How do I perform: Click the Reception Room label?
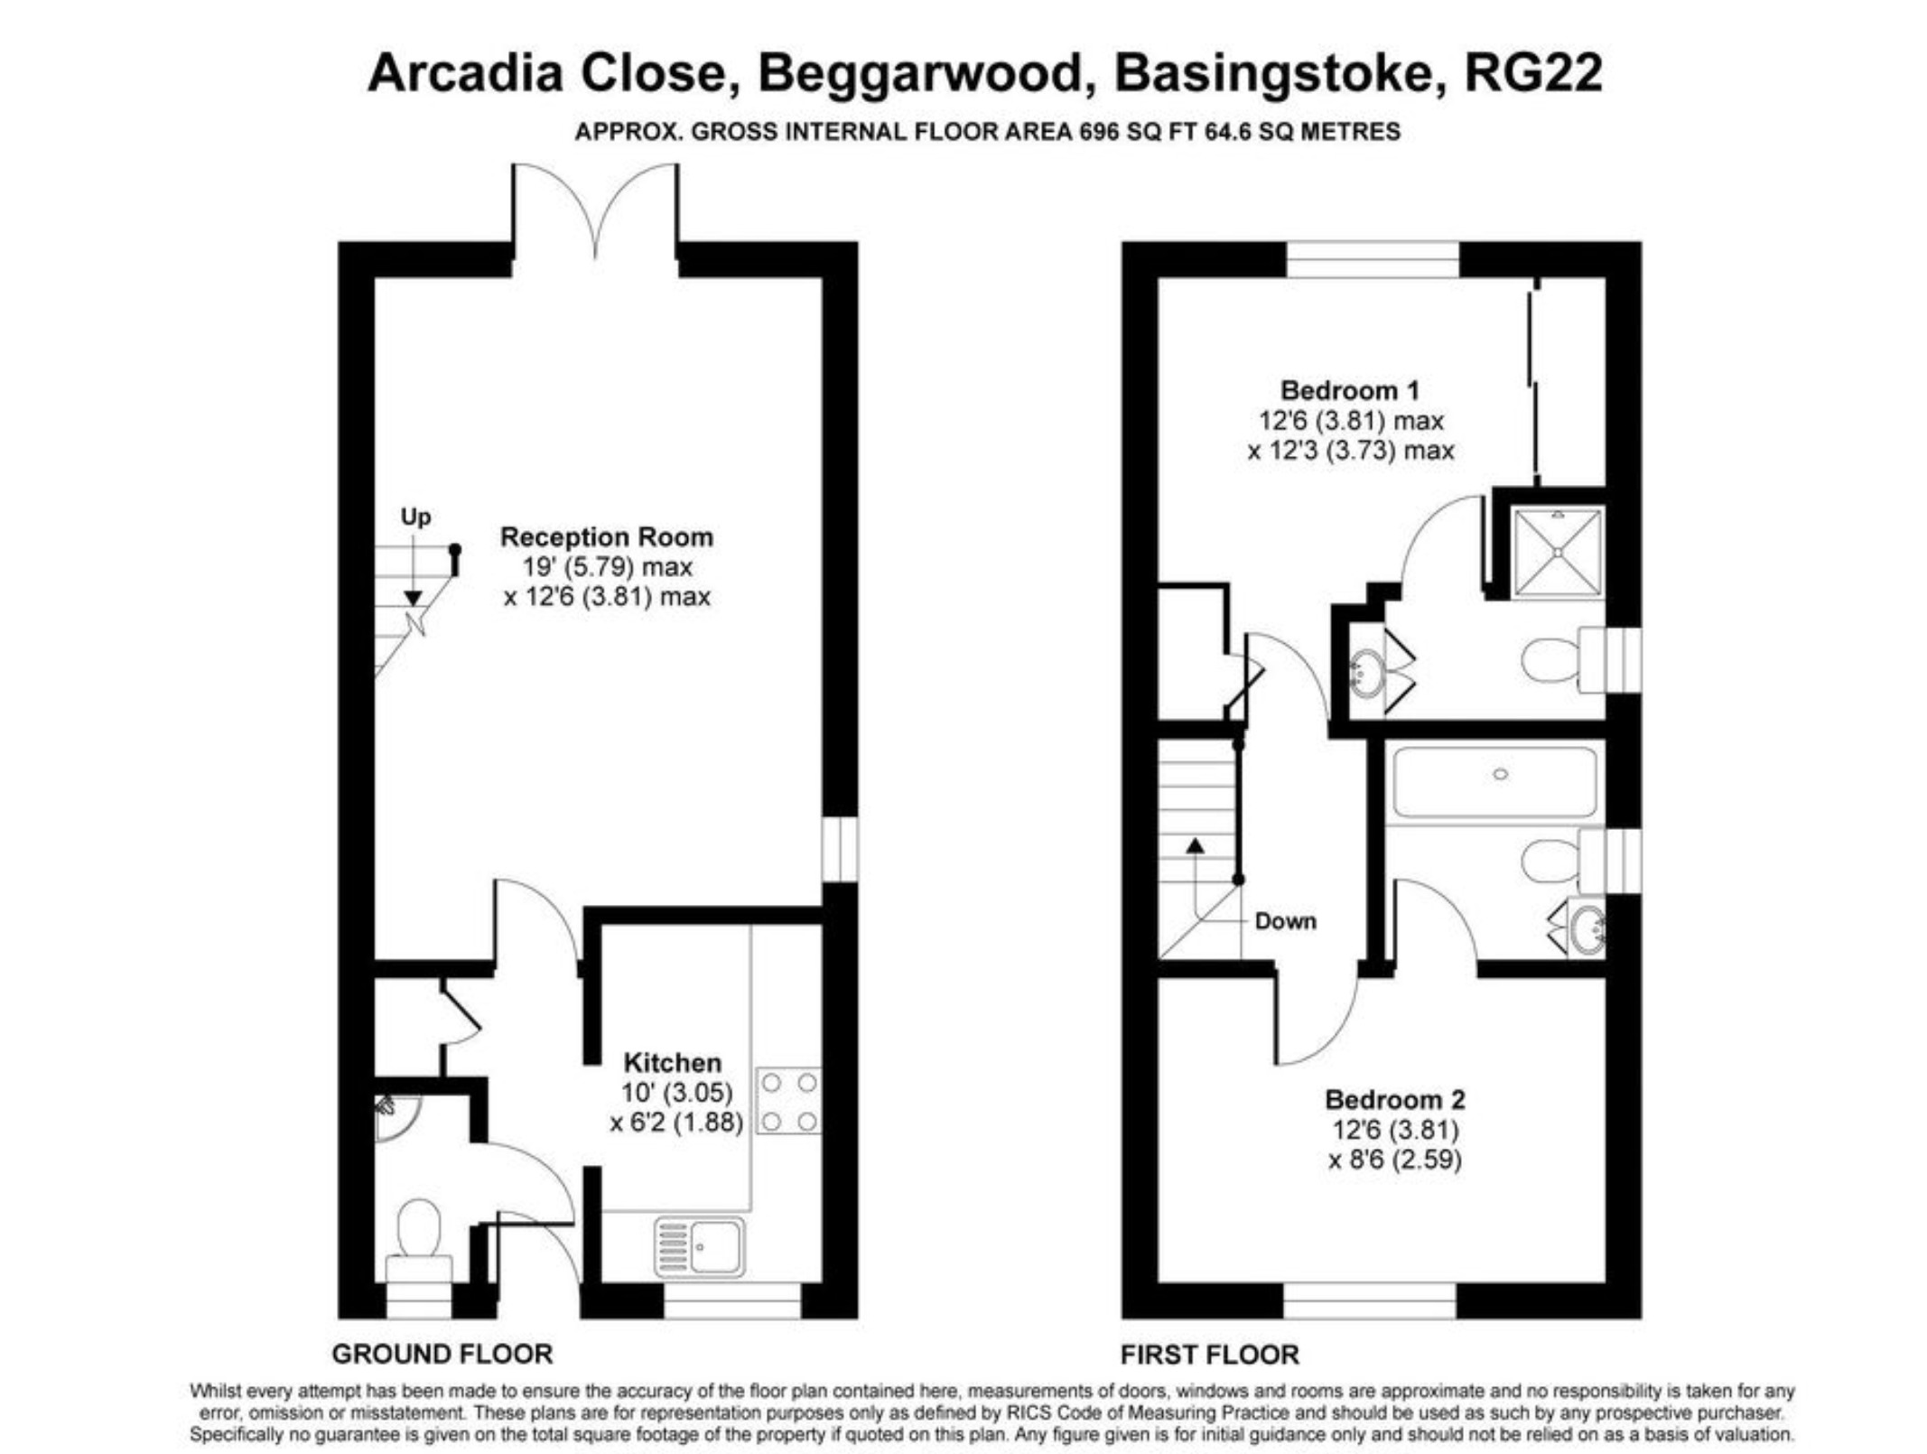point(607,537)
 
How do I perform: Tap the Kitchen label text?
point(673,1062)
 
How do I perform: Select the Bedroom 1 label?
point(1350,391)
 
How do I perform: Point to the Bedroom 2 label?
point(1395,1100)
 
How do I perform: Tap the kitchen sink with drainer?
point(700,1247)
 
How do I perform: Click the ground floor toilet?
point(419,1239)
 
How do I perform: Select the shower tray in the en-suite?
point(1559,552)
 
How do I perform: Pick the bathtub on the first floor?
point(1494,782)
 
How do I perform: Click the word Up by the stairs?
point(415,517)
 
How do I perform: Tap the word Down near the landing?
point(1285,921)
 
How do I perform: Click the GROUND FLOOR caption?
point(442,1354)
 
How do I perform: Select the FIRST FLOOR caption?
point(1210,1354)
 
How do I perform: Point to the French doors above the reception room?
point(595,212)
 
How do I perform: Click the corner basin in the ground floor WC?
point(396,1118)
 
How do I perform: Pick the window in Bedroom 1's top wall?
point(1372,259)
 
